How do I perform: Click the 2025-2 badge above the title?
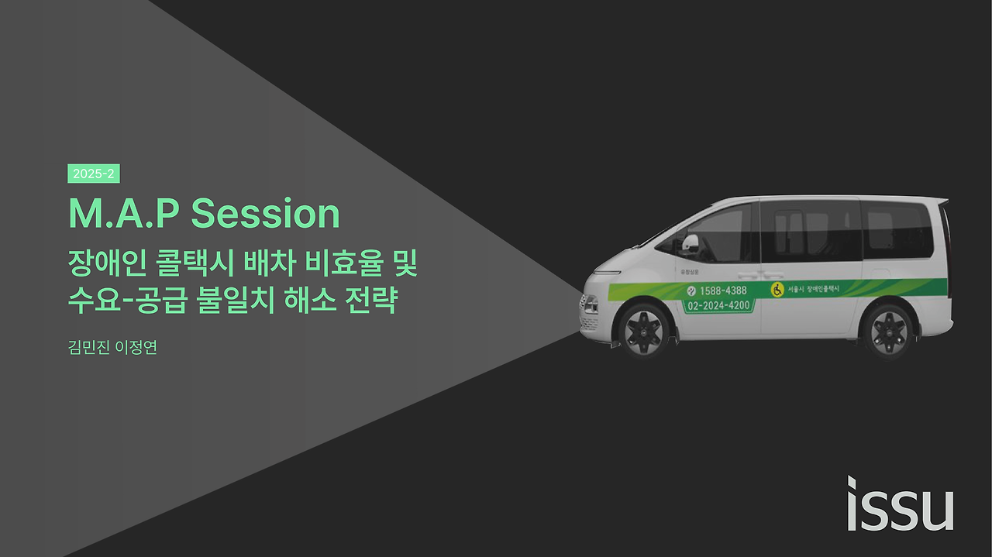(x=93, y=174)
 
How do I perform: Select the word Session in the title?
(x=265, y=214)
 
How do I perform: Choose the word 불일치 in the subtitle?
(x=226, y=301)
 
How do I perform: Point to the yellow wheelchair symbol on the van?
(x=777, y=289)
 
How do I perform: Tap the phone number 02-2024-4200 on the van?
(x=718, y=306)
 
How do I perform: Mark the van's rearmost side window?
(x=899, y=230)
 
